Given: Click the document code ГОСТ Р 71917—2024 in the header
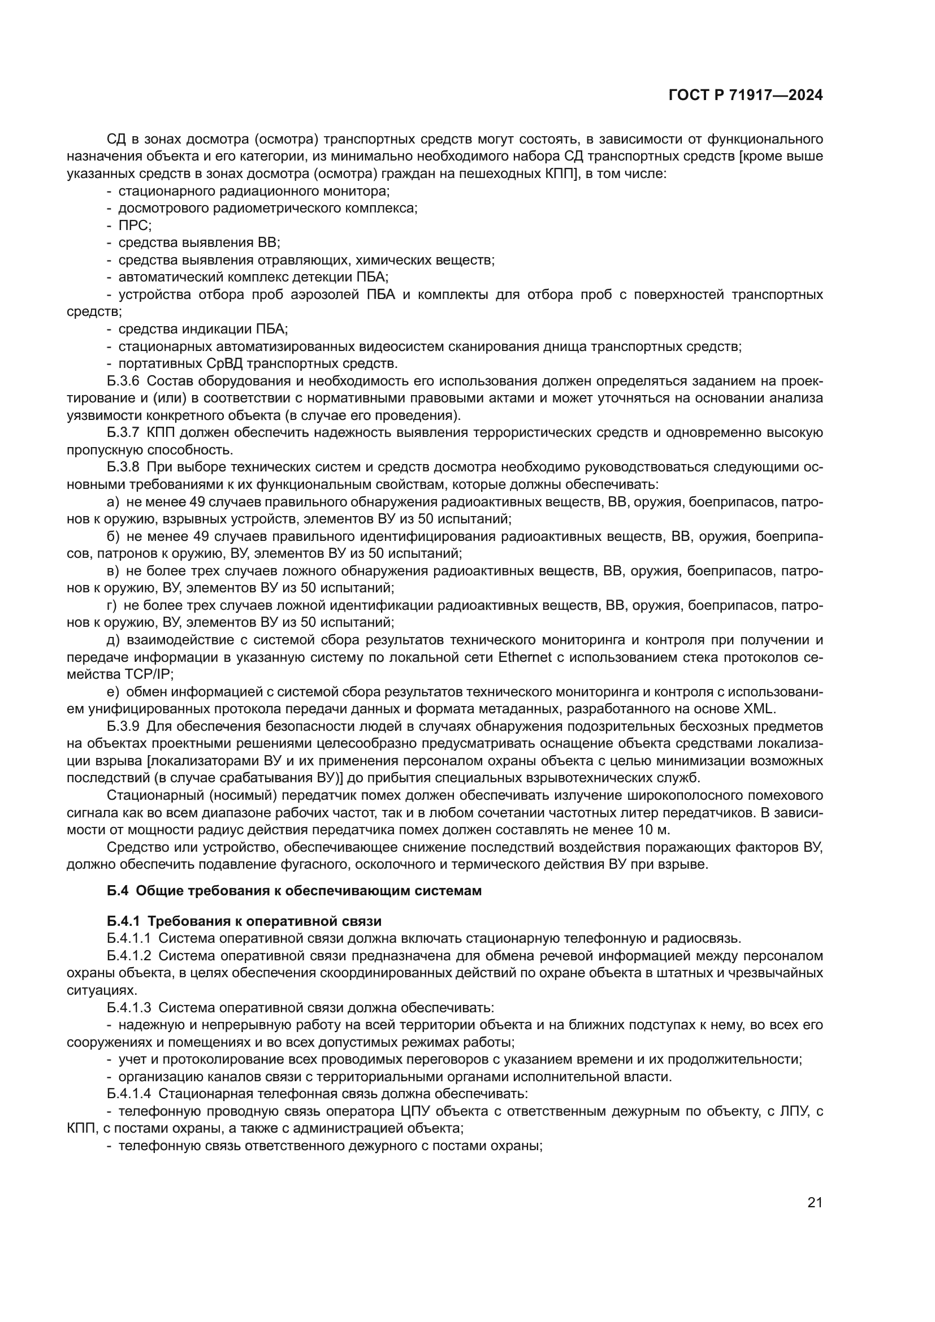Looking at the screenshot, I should click(x=745, y=96).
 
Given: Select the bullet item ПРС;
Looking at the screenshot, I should click(x=135, y=226).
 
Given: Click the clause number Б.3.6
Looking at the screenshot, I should click(x=123, y=381).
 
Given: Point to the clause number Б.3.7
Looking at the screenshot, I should click(x=123, y=433).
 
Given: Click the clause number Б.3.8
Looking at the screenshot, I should click(x=123, y=467).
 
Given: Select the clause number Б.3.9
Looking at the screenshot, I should click(x=123, y=727).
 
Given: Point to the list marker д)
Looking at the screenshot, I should click(x=113, y=640).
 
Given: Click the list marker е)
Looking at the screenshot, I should click(x=113, y=692).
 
